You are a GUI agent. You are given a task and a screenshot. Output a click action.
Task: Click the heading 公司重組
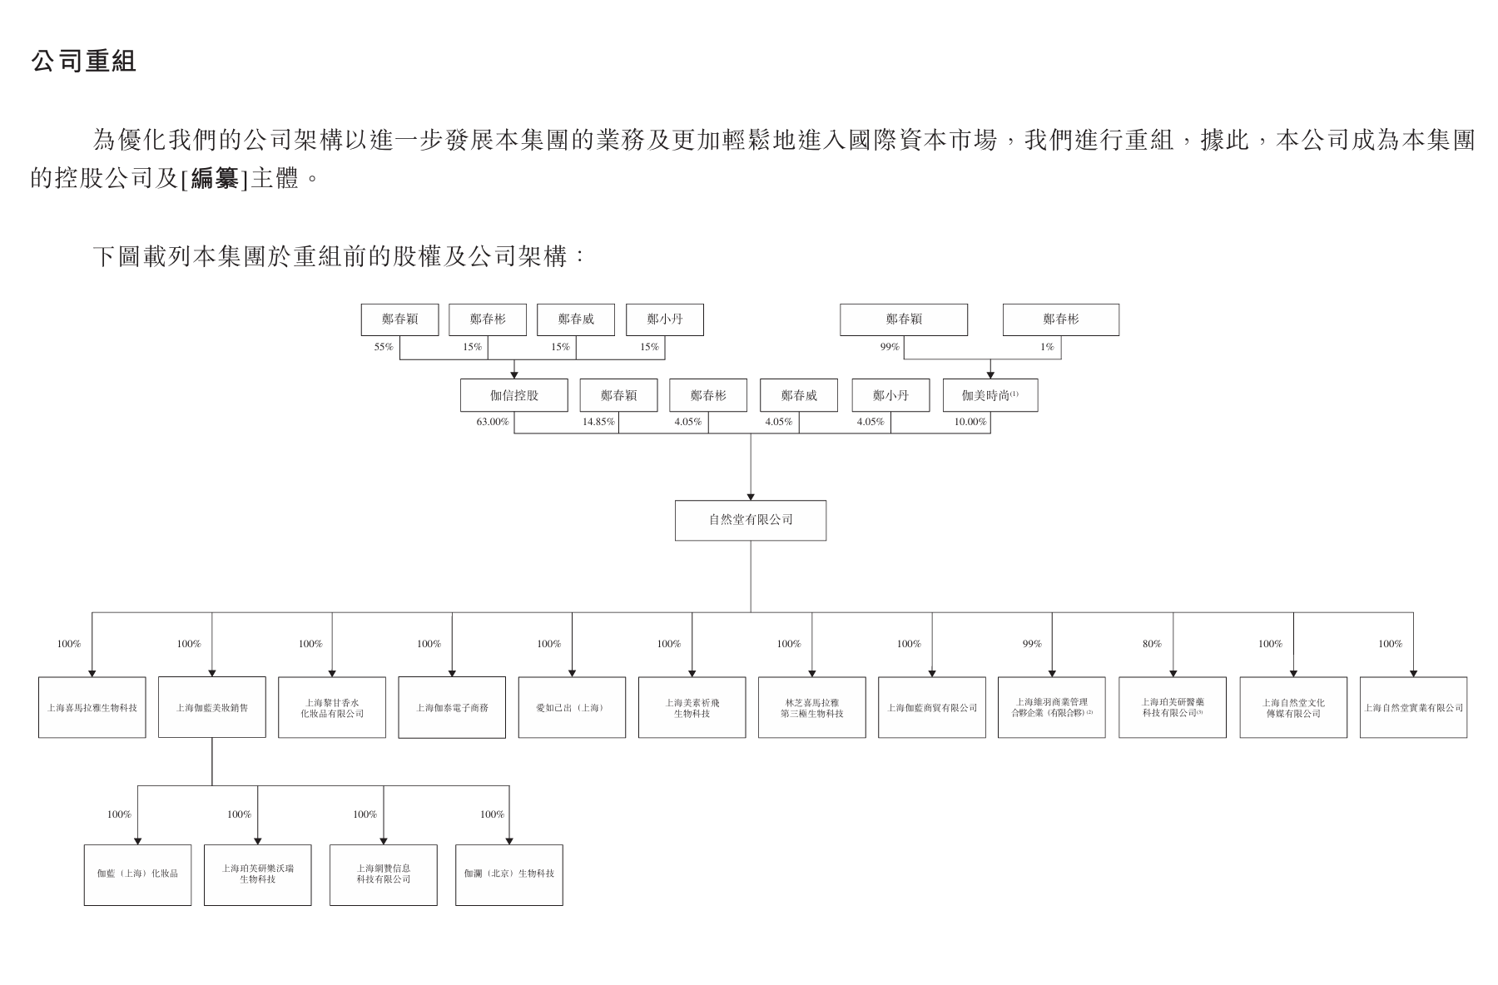coord(83,61)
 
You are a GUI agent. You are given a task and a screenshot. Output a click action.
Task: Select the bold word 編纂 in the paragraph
coord(215,178)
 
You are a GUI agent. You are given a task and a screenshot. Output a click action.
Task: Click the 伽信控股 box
coord(513,395)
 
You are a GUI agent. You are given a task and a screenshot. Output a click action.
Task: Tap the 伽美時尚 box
coord(990,395)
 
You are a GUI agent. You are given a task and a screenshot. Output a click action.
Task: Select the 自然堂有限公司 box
coord(750,520)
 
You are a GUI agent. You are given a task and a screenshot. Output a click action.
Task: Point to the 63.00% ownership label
coord(492,422)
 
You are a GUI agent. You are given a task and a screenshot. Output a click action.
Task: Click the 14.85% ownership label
coord(598,422)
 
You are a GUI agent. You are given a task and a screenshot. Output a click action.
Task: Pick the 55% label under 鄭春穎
coord(383,347)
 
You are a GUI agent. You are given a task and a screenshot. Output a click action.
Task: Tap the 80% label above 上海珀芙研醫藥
coord(1152,644)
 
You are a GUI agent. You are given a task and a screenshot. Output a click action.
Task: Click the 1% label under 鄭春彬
coord(1047,347)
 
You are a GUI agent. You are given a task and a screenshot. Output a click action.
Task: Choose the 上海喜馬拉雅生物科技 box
coord(92,707)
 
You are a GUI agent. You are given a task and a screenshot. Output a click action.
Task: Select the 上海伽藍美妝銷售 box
coord(211,707)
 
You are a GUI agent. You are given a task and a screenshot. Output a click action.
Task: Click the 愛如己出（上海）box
coord(572,707)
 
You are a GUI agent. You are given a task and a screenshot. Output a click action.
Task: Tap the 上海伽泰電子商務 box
coord(452,707)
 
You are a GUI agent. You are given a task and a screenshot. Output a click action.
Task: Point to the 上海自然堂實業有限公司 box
coord(1413,707)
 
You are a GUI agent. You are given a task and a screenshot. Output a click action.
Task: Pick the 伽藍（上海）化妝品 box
coord(137,874)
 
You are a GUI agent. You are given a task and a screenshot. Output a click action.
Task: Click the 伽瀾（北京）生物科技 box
coord(508,874)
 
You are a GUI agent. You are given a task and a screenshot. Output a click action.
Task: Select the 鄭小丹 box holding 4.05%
coord(890,395)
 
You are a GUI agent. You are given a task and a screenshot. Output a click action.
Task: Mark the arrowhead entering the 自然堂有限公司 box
coord(751,497)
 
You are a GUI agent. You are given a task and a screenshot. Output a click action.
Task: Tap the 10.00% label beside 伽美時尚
coord(970,422)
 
